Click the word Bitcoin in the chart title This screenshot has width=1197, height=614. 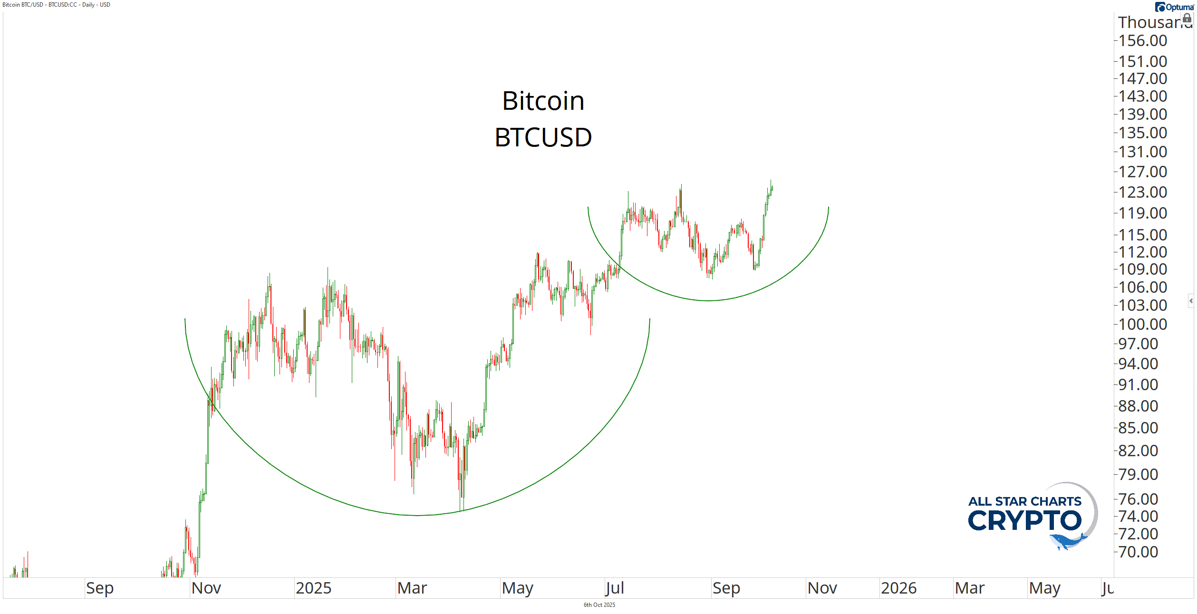[543, 101]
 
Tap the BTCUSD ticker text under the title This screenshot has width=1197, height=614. [543, 137]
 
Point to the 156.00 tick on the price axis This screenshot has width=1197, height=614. [1142, 41]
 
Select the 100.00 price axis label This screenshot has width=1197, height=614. [1142, 325]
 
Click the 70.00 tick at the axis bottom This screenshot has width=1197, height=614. [1138, 552]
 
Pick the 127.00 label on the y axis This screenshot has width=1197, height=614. [1142, 172]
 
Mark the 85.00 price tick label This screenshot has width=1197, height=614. [1138, 428]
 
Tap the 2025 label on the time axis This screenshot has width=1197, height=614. [313, 588]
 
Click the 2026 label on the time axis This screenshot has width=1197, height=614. [898, 588]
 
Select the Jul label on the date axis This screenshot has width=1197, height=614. [614, 588]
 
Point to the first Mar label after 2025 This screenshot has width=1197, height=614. [412, 588]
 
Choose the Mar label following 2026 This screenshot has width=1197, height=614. [970, 588]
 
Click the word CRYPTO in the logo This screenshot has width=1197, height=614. [1024, 521]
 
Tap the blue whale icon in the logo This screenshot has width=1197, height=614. [1067, 541]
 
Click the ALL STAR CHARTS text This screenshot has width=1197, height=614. [1024, 501]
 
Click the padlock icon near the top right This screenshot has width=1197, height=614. [1187, 19]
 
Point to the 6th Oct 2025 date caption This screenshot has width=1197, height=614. [599, 605]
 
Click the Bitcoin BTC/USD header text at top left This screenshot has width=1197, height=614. [56, 5]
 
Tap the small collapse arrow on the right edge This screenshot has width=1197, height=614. [1191, 301]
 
